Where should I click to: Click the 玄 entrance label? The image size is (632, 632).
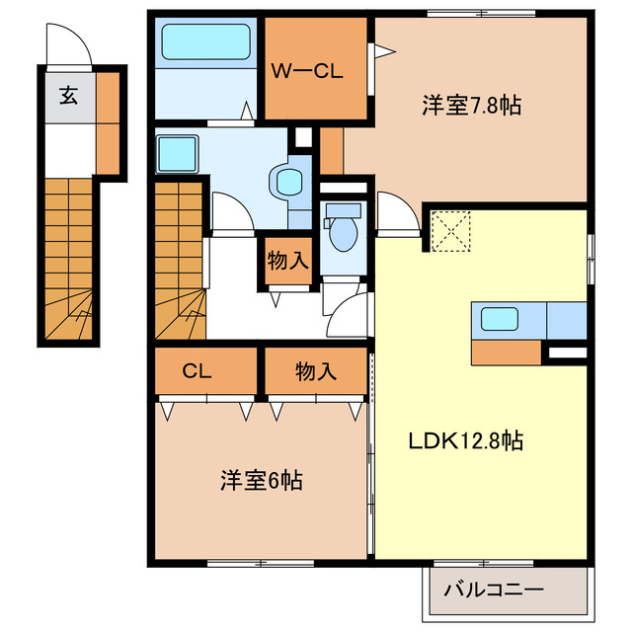[68, 96]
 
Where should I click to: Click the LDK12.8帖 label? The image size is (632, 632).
[466, 441]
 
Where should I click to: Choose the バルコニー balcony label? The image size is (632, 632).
[494, 591]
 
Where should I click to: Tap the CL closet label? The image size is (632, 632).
[198, 371]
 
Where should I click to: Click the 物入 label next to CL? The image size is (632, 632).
[315, 371]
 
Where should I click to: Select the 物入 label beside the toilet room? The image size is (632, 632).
[288, 262]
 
